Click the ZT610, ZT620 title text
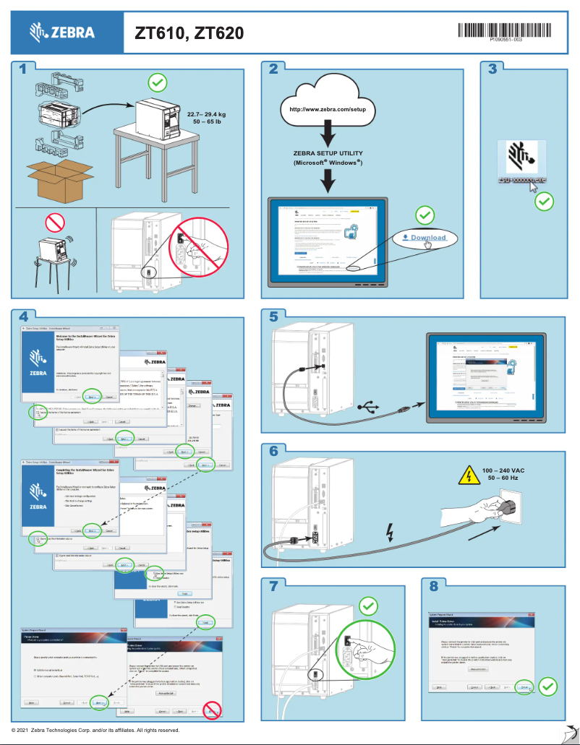[x=189, y=33]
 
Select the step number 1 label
[x=24, y=69]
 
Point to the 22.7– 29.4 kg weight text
[x=206, y=114]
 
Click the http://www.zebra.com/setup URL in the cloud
[x=328, y=109]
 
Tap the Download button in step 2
[x=424, y=238]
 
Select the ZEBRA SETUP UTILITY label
[x=328, y=153]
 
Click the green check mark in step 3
[x=544, y=200]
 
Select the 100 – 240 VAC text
[x=503, y=470]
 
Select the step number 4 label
[x=24, y=316]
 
